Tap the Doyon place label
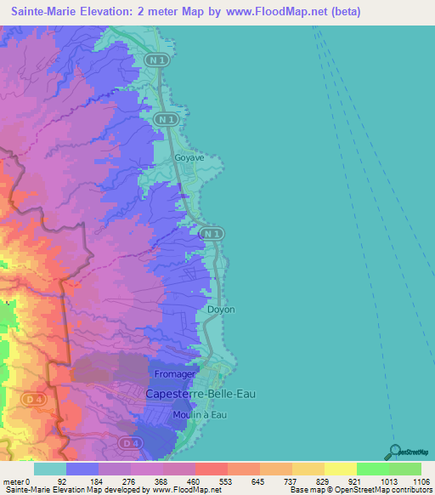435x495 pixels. [x=221, y=310]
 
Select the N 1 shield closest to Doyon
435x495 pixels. [x=212, y=233]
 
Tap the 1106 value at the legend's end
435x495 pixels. [x=421, y=481]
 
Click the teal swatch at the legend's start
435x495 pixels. [x=50, y=469]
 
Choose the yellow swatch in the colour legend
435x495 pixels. [x=341, y=469]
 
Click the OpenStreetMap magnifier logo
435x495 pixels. [x=394, y=451]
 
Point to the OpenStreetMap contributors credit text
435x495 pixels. [x=381, y=490]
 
